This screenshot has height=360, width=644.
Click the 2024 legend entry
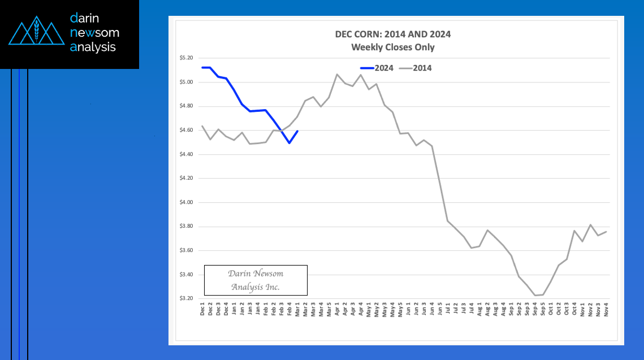(377, 68)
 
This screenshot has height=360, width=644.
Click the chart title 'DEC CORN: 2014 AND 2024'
(393, 34)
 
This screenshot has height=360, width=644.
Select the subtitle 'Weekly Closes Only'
(393, 47)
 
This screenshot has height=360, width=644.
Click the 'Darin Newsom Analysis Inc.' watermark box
(256, 280)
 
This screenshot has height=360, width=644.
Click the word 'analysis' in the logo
(93, 47)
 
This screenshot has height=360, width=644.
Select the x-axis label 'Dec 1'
(202, 310)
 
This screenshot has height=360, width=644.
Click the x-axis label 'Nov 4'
(606, 310)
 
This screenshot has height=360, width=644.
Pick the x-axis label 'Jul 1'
(448, 310)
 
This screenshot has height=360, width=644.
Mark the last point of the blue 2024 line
(297, 131)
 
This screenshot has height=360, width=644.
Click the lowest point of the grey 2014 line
(535, 295)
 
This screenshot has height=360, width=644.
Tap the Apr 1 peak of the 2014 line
(337, 74)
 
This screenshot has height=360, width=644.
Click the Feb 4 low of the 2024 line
(289, 143)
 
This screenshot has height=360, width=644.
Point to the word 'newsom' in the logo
(94, 33)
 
